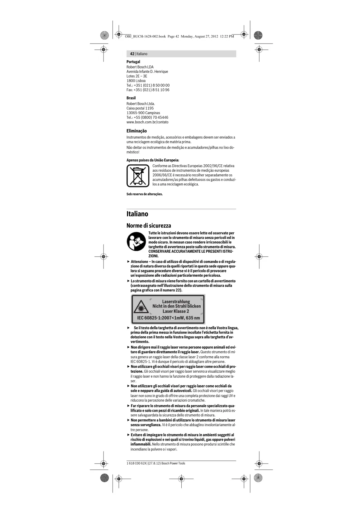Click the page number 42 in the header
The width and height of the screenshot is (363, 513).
tap(132, 54)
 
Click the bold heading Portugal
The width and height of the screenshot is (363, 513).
tap(133, 62)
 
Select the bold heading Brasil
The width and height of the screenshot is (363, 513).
tap(131, 98)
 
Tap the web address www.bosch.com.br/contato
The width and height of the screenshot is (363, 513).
tap(147, 122)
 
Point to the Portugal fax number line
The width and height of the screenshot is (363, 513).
tap(148, 90)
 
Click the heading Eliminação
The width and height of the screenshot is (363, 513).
tap(137, 131)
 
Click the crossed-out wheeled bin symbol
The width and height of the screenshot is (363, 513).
tap(138, 175)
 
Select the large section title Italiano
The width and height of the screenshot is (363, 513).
tap(137, 214)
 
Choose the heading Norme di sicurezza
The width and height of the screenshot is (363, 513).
tap(149, 225)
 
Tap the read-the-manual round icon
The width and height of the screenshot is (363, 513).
tap(136, 242)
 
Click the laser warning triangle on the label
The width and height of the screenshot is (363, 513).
tap(141, 308)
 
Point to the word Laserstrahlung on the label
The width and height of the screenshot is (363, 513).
tap(176, 302)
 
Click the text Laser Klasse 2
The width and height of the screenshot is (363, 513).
tap(176, 311)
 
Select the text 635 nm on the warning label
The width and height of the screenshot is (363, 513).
tap(193, 318)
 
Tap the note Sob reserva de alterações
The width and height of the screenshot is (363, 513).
tap(144, 194)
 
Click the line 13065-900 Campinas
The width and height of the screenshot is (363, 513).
tap(143, 113)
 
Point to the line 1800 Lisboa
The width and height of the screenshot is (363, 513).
tap(136, 81)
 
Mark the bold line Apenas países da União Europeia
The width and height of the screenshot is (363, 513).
tap(153, 160)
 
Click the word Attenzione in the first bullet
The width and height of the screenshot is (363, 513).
tap(139, 261)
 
